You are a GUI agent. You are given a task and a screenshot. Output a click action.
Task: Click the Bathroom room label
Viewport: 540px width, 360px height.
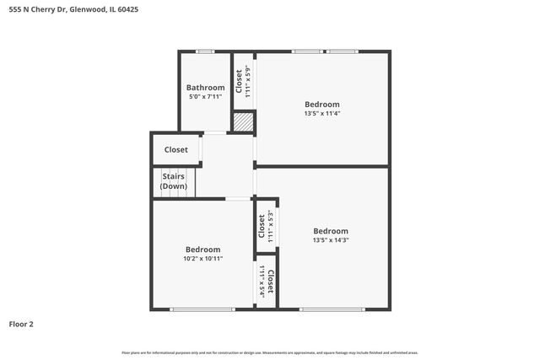[x=205, y=88]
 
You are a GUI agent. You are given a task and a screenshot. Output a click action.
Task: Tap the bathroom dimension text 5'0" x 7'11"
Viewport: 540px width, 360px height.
[x=205, y=98]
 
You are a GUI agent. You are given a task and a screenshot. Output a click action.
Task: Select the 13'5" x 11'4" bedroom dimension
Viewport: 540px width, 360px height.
[x=322, y=114]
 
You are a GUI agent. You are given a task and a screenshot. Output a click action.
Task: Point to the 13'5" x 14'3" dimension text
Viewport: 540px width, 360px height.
[x=330, y=240]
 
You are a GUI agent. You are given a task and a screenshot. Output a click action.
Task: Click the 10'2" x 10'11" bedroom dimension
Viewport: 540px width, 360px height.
[x=203, y=259]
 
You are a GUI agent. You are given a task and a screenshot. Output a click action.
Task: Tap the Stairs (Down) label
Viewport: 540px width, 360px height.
[x=174, y=181]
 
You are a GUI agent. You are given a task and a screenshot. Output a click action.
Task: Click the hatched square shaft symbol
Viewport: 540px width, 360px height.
[x=244, y=122]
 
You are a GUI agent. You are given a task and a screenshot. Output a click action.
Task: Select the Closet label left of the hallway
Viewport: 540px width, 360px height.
[x=176, y=150]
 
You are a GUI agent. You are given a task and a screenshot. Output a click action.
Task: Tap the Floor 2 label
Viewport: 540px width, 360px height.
[x=22, y=324]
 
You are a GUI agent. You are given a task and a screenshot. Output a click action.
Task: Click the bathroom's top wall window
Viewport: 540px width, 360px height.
[x=204, y=51]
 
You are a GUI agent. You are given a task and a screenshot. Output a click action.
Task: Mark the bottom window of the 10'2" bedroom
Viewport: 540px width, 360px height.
[x=202, y=309]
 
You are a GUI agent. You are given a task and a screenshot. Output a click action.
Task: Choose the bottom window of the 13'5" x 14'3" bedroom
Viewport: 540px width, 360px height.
[x=331, y=309]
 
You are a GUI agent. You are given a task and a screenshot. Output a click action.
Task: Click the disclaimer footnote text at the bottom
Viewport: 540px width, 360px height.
[x=270, y=352]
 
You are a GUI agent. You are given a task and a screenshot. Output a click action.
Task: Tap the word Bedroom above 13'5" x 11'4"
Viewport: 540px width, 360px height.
[x=322, y=105]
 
